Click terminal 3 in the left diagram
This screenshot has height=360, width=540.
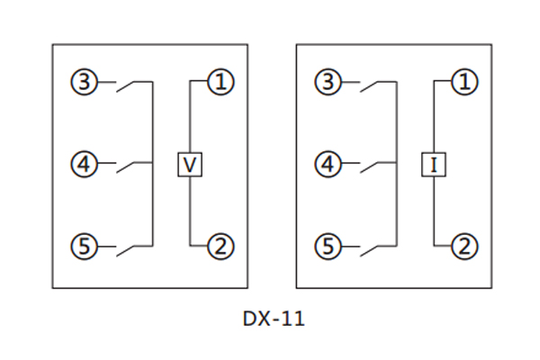click(x=85, y=84)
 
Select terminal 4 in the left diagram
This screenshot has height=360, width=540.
click(x=85, y=165)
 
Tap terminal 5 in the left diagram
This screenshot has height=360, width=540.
click(x=85, y=245)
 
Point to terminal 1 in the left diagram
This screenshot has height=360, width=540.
click(x=220, y=84)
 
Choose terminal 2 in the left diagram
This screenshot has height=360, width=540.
click(x=220, y=245)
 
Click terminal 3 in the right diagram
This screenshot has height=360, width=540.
click(x=328, y=84)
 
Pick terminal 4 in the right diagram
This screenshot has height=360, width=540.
click(x=328, y=165)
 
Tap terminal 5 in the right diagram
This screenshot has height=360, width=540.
click(x=328, y=245)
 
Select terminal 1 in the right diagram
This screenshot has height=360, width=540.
click(x=463, y=84)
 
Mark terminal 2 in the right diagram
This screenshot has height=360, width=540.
click(x=463, y=245)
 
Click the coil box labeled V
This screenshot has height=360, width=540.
click(x=189, y=165)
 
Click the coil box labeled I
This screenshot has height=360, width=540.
click(x=433, y=165)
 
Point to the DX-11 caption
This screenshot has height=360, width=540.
click(x=269, y=319)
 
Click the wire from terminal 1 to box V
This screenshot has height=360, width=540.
click(x=189, y=117)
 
